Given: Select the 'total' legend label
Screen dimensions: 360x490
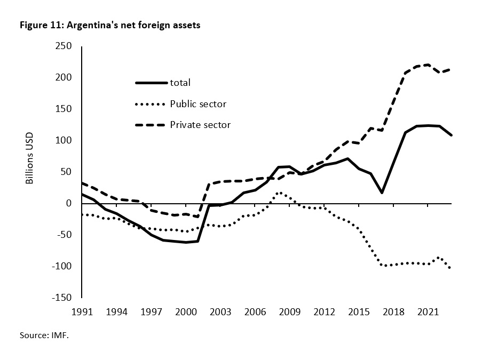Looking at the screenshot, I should [x=180, y=83].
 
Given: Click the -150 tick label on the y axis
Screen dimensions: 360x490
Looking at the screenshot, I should [x=62, y=298].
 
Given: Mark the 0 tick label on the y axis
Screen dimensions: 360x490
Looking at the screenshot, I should [x=69, y=203].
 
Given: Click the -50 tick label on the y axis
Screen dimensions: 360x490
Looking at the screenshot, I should [x=65, y=235].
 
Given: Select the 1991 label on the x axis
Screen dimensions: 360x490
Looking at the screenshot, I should [x=82, y=310].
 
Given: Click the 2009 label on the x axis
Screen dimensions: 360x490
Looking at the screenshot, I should [x=289, y=310].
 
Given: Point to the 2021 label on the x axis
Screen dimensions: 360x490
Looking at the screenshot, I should [x=428, y=310].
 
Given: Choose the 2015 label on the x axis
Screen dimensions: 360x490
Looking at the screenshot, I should [x=358, y=310].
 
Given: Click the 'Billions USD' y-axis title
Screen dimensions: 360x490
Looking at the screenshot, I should [x=30, y=158].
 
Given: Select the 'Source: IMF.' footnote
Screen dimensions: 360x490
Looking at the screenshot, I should [x=45, y=337].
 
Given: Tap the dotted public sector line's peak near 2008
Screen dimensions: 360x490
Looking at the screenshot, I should [x=279, y=193].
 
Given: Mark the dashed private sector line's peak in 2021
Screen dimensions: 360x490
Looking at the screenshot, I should [x=428, y=65].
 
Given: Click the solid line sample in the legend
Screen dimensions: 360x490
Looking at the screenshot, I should [x=151, y=83].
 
